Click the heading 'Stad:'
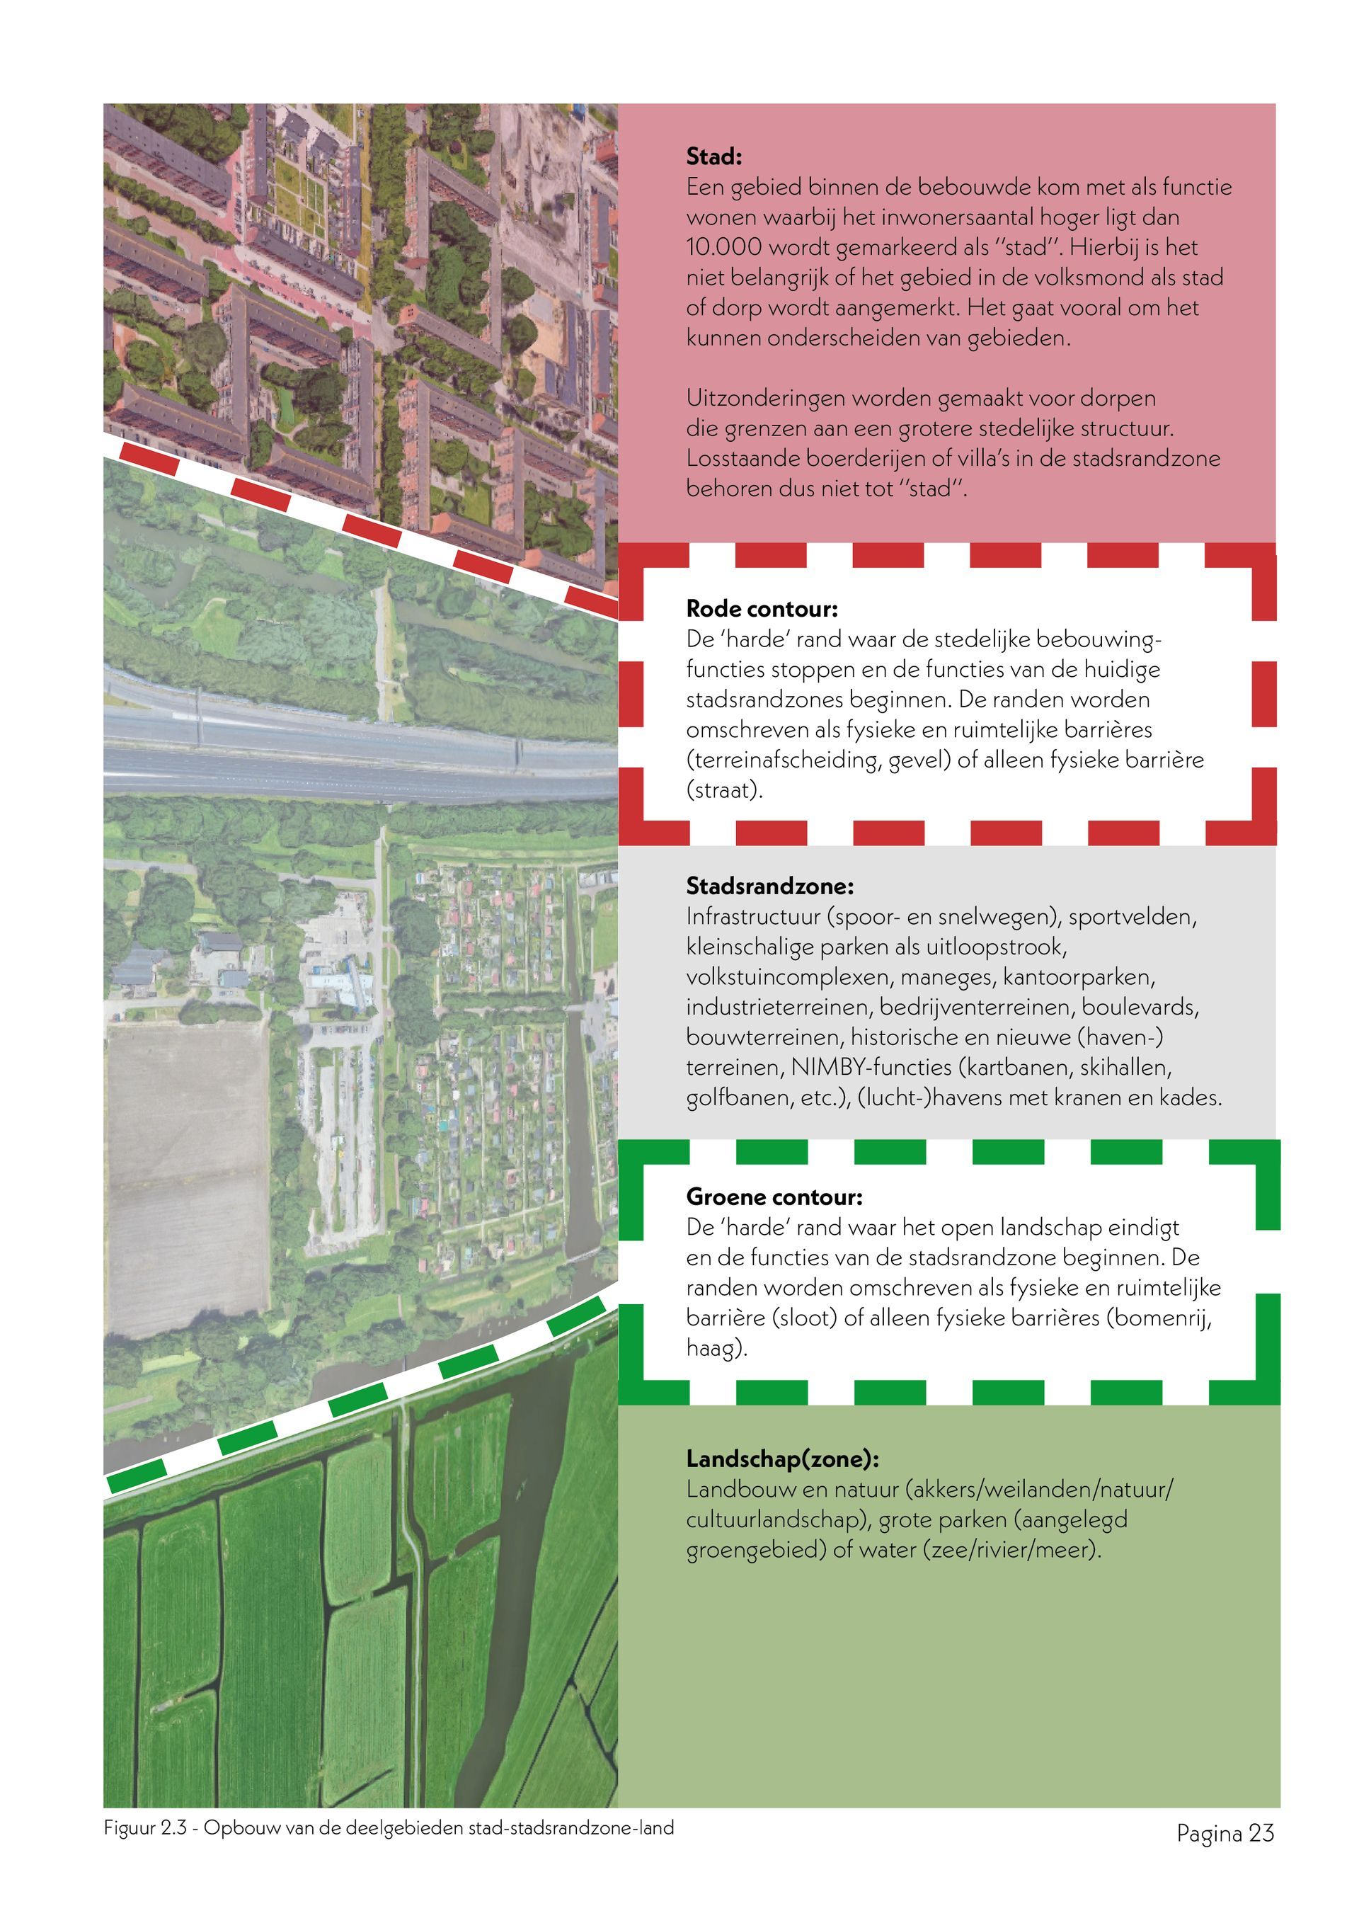click(x=714, y=156)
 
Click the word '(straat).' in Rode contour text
click(x=724, y=790)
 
